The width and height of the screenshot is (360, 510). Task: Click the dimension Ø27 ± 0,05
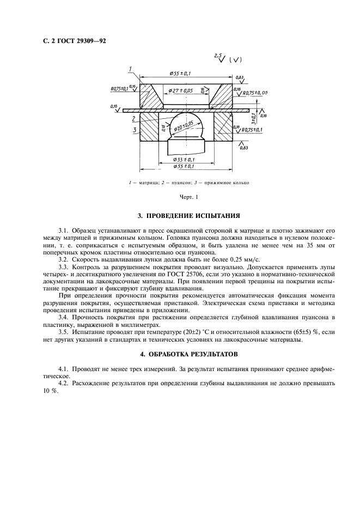(181, 90)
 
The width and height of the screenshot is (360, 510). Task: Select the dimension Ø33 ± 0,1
(184, 159)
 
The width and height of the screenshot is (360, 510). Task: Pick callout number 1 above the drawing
(131, 68)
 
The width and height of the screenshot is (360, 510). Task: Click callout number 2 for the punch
(133, 118)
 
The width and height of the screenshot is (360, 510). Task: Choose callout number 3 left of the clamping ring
(133, 130)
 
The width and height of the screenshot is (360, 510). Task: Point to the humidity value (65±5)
(287, 331)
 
